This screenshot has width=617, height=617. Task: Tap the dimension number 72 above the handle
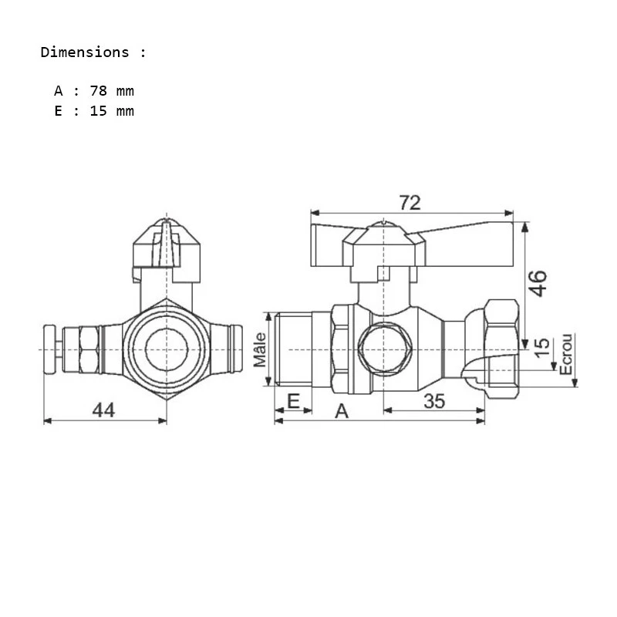tap(410, 202)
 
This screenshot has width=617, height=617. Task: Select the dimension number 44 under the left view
tap(103, 410)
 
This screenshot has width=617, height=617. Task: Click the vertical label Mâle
tap(260, 349)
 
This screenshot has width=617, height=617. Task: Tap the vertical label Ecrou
tap(567, 354)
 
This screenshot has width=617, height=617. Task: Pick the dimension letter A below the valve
tap(341, 411)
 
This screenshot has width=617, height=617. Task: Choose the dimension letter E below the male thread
tap(293, 400)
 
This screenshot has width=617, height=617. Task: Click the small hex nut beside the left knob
tap(86, 349)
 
